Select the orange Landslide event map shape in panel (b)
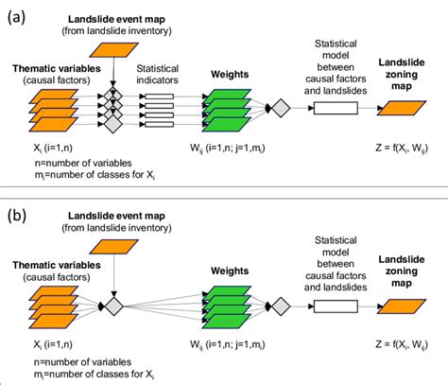[112, 245]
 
